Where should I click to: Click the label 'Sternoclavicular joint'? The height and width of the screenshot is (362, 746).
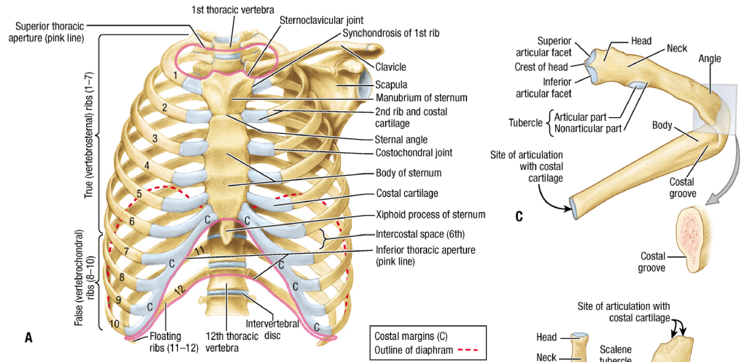point(321,20)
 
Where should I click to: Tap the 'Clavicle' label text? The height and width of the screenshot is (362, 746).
point(391,67)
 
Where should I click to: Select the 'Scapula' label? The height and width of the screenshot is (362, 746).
point(391,85)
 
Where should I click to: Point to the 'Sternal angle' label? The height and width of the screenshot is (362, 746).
point(401,140)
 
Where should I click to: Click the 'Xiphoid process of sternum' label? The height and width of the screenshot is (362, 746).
point(431,215)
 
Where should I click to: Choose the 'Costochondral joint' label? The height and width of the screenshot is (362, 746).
point(414,153)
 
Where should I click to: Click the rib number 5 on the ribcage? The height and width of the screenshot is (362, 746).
point(139,193)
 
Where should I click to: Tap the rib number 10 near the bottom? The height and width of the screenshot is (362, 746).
point(114,324)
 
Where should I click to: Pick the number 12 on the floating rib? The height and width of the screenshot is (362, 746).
point(180,290)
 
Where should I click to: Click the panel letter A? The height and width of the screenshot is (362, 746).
point(29,337)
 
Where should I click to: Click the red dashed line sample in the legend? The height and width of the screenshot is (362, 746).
point(468,350)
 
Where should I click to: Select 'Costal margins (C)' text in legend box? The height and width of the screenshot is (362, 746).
point(411,336)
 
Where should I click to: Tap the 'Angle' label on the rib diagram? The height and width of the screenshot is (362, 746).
point(710,59)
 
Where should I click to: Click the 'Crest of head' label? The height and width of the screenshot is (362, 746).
point(541,67)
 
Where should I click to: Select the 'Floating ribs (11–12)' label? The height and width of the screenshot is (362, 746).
point(174,342)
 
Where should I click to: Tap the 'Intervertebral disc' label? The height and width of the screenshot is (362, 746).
point(272,330)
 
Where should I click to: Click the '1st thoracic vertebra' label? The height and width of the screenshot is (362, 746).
point(233,10)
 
